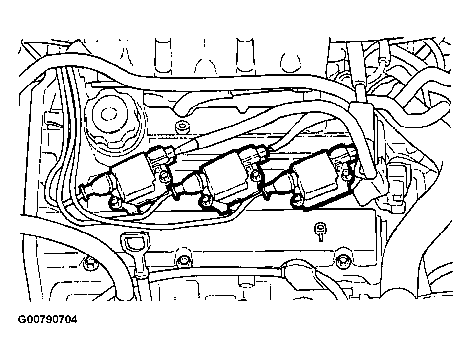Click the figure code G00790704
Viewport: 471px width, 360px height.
(47, 320)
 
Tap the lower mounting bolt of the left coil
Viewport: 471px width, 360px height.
(115, 201)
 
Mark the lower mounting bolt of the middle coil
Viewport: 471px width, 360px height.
(205, 200)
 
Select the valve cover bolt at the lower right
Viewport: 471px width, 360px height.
(341, 260)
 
